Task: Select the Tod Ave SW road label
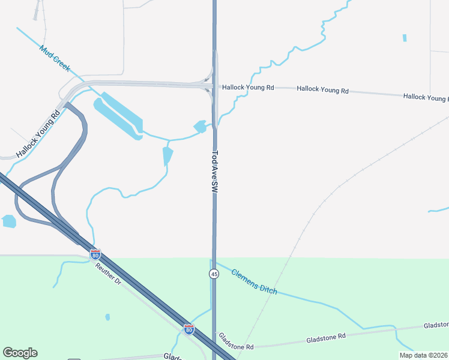[x=214, y=171]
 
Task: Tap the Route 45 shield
[x=214, y=274]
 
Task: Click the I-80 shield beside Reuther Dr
[x=95, y=254]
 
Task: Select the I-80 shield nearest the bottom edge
[x=189, y=329]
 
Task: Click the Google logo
[x=20, y=353]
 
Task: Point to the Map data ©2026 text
[x=423, y=355]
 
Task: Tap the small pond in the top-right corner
[x=405, y=38]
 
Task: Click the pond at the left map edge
[x=9, y=221]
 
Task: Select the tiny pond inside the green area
[x=107, y=317]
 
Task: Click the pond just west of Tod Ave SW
[x=200, y=127]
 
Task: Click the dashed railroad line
[x=312, y=215]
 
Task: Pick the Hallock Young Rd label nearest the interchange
[x=248, y=88]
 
